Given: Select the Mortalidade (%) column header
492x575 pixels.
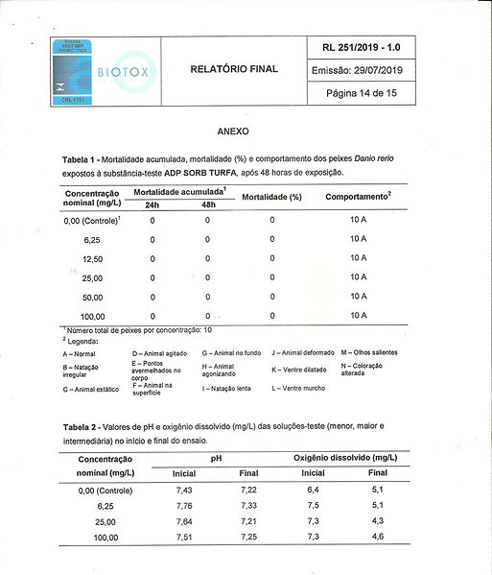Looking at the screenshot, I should click(x=271, y=197).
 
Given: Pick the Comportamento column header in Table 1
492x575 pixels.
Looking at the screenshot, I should click(x=358, y=196).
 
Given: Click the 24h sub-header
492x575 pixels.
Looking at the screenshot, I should click(x=152, y=205).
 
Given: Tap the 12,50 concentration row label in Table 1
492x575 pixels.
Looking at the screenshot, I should click(x=93, y=259).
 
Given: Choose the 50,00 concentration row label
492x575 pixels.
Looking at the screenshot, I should click(x=93, y=297).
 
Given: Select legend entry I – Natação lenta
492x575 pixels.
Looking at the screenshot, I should click(x=228, y=389).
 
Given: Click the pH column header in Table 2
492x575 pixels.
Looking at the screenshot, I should click(x=216, y=460).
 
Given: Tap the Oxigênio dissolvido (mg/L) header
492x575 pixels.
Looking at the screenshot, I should click(x=345, y=460).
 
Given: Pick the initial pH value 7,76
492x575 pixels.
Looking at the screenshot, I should click(x=185, y=505).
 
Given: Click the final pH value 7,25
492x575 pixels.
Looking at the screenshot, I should click(x=248, y=537).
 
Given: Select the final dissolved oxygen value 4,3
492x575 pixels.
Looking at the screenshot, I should click(x=377, y=520).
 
